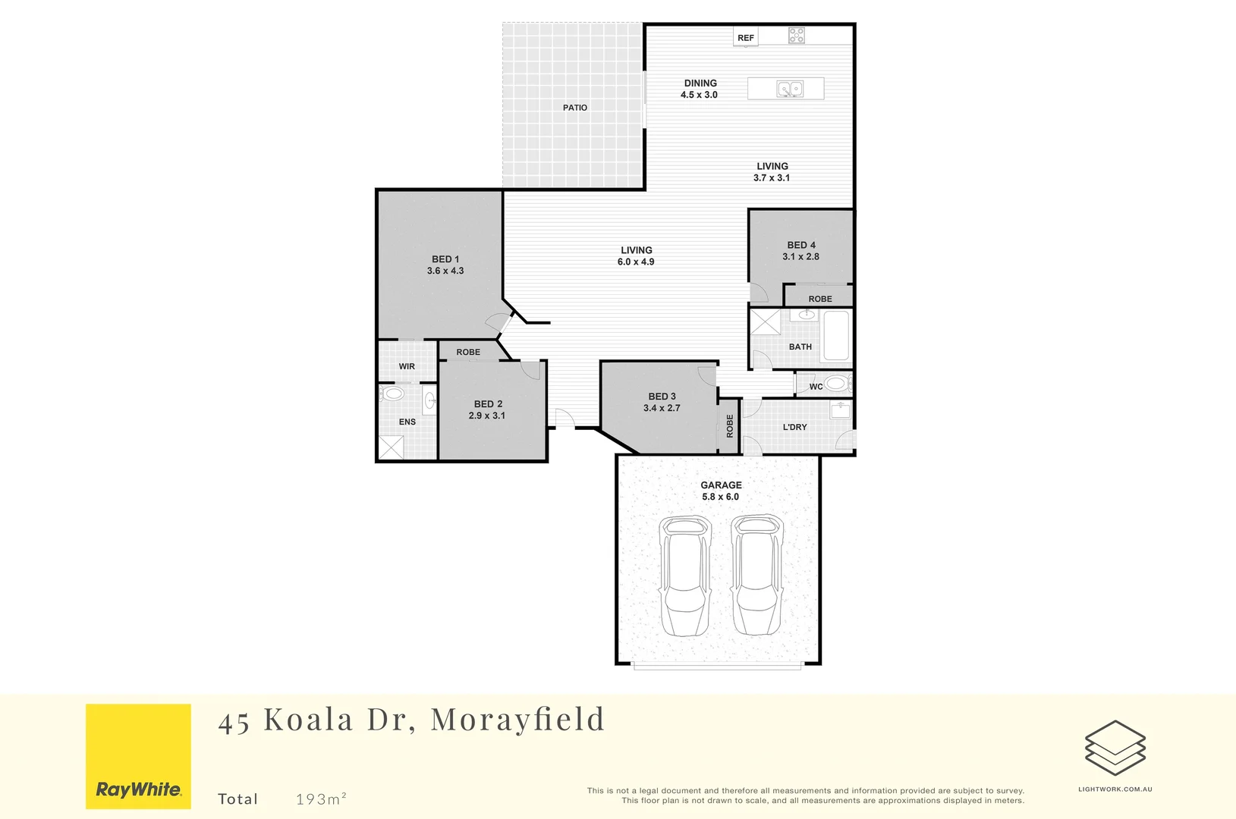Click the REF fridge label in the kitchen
(x=746, y=38)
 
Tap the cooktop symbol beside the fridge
(x=796, y=35)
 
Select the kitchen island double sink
(x=790, y=89)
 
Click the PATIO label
(x=575, y=108)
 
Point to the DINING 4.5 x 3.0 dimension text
(x=699, y=95)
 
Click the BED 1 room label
(x=445, y=259)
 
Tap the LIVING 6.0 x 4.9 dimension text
(x=636, y=262)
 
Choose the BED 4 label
(x=801, y=245)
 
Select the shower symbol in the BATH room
(x=766, y=322)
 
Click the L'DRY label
(x=795, y=427)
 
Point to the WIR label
(x=407, y=366)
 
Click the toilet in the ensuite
(x=392, y=394)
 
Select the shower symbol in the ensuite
(x=392, y=447)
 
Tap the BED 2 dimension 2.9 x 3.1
(x=487, y=416)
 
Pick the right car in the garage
(x=757, y=575)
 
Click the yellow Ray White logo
(x=138, y=756)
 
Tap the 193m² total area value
(x=321, y=799)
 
